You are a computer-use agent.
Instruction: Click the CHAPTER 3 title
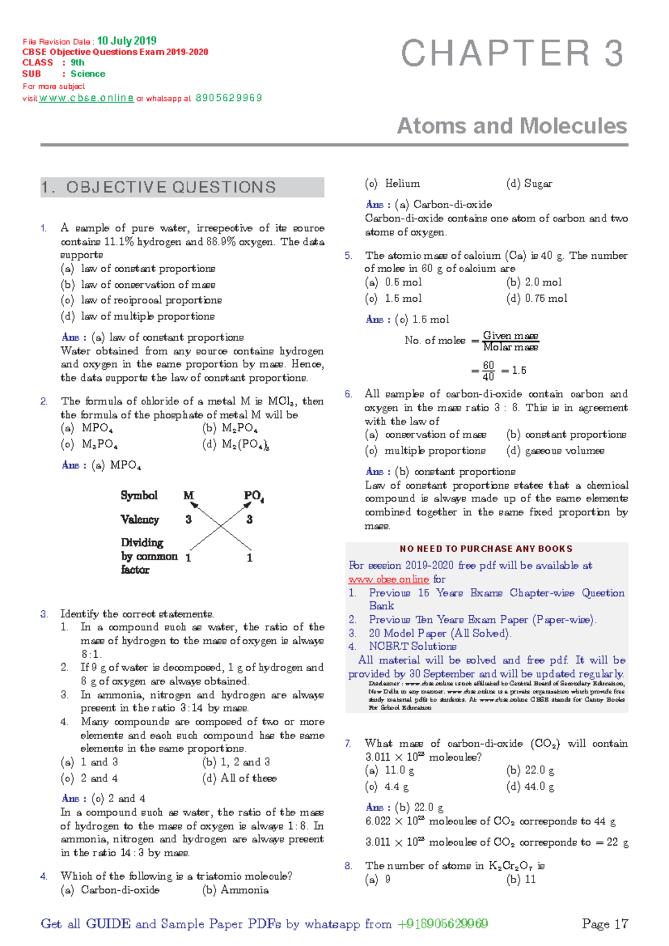pyautogui.click(x=512, y=54)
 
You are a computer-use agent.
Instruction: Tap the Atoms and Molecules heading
pyautogui.click(x=512, y=126)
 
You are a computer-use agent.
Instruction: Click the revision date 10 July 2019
pyautogui.click(x=127, y=41)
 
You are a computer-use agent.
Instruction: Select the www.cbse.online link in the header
pyautogui.click(x=86, y=98)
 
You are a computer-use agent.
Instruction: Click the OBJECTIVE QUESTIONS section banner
pyautogui.click(x=182, y=187)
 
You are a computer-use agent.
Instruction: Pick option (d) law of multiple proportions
pyautogui.click(x=138, y=316)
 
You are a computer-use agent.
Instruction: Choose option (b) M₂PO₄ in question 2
pyautogui.click(x=230, y=428)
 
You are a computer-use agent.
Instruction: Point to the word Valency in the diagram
pyautogui.click(x=140, y=519)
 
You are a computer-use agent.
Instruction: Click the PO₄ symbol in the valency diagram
pyautogui.click(x=254, y=496)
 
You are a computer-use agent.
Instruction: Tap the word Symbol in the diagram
pyautogui.click(x=139, y=495)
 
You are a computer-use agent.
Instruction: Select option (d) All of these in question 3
pyautogui.click(x=240, y=778)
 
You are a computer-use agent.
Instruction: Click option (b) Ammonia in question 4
pyautogui.click(x=235, y=890)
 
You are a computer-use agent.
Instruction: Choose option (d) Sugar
pyautogui.click(x=529, y=184)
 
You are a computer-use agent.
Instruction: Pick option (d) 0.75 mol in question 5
pyautogui.click(x=537, y=298)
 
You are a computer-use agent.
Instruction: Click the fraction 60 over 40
pyautogui.click(x=488, y=371)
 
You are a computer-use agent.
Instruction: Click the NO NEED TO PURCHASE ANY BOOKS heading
pyautogui.click(x=486, y=549)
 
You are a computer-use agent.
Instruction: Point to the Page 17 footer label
pyautogui.click(x=605, y=924)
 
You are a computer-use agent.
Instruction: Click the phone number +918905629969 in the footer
pyautogui.click(x=443, y=924)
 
